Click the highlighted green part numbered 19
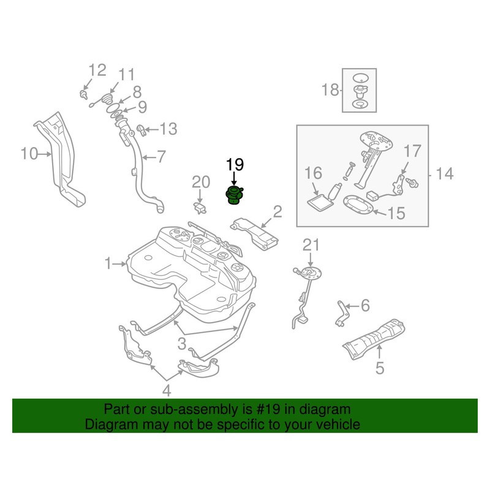pyautogui.click(x=235, y=195)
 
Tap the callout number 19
pyautogui.click(x=235, y=164)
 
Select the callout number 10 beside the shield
pyautogui.click(x=28, y=154)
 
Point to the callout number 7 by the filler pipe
pyautogui.click(x=161, y=157)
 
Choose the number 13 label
pyautogui.click(x=168, y=129)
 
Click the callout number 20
pyautogui.click(x=201, y=181)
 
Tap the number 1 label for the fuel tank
pyautogui.click(x=108, y=264)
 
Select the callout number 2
pyautogui.click(x=277, y=212)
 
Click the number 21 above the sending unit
pyautogui.click(x=311, y=246)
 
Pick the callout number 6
pyautogui.click(x=365, y=304)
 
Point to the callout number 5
pyautogui.click(x=379, y=368)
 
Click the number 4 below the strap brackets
pyautogui.click(x=166, y=391)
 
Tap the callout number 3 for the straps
pyautogui.click(x=182, y=342)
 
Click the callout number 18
pyautogui.click(x=330, y=91)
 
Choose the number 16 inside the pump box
pyautogui.click(x=314, y=173)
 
